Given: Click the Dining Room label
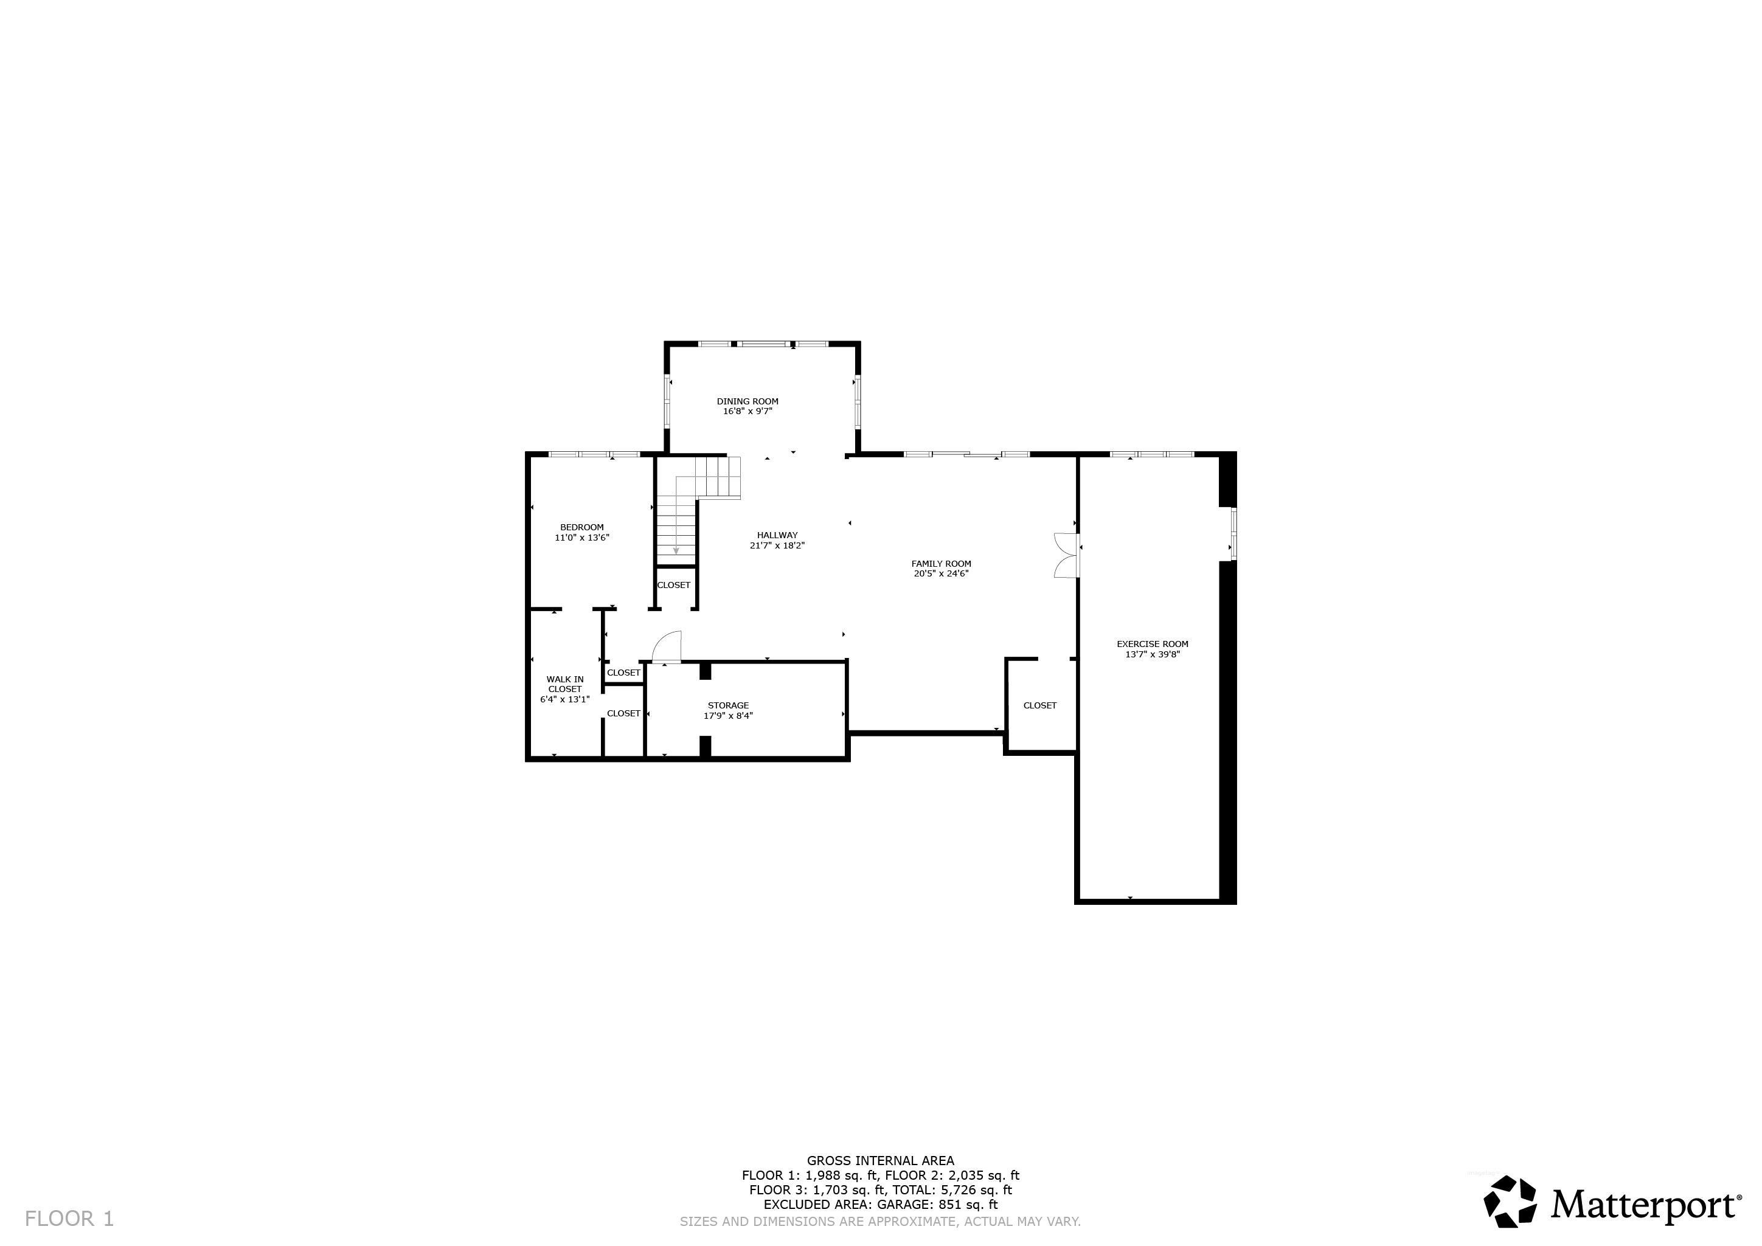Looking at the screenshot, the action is tap(747, 401).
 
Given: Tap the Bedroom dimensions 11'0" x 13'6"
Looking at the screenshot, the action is tap(581, 538).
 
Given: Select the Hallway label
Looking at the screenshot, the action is tap(777, 536).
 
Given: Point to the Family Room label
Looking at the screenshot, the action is tap(942, 564).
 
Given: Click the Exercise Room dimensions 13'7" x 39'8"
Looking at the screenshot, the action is tap(1153, 654).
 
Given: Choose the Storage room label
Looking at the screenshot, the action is tap(728, 706).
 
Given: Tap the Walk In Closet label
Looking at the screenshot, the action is tap(565, 684).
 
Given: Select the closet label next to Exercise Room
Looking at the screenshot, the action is tap(1040, 706).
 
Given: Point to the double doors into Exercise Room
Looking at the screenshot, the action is tap(1067, 555).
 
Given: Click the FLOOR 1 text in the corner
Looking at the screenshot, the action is tap(69, 1219).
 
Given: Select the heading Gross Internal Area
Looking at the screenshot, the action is tap(880, 1161).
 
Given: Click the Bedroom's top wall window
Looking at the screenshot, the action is tap(594, 454).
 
